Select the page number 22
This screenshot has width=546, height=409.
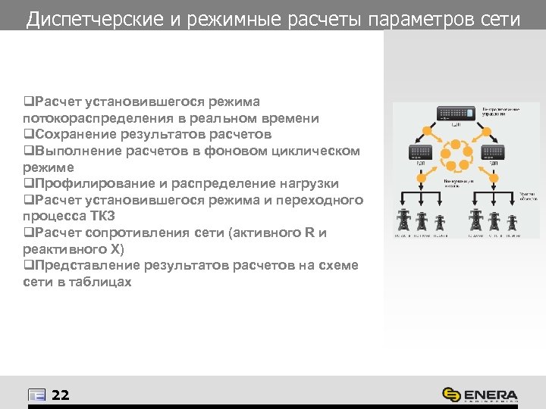(x=61, y=395)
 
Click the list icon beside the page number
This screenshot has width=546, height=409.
(x=36, y=395)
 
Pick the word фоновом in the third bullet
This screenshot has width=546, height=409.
(x=254, y=151)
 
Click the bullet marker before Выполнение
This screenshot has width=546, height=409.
(x=27, y=151)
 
